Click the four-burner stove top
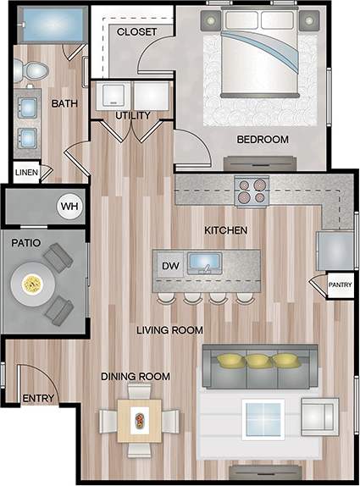coord(252,191)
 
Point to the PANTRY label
coord(341,286)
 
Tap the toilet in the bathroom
coord(33,75)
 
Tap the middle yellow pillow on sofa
coord(258,362)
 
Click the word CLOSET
coord(137,31)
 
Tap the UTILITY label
coord(133,115)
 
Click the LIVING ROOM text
coord(169,329)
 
